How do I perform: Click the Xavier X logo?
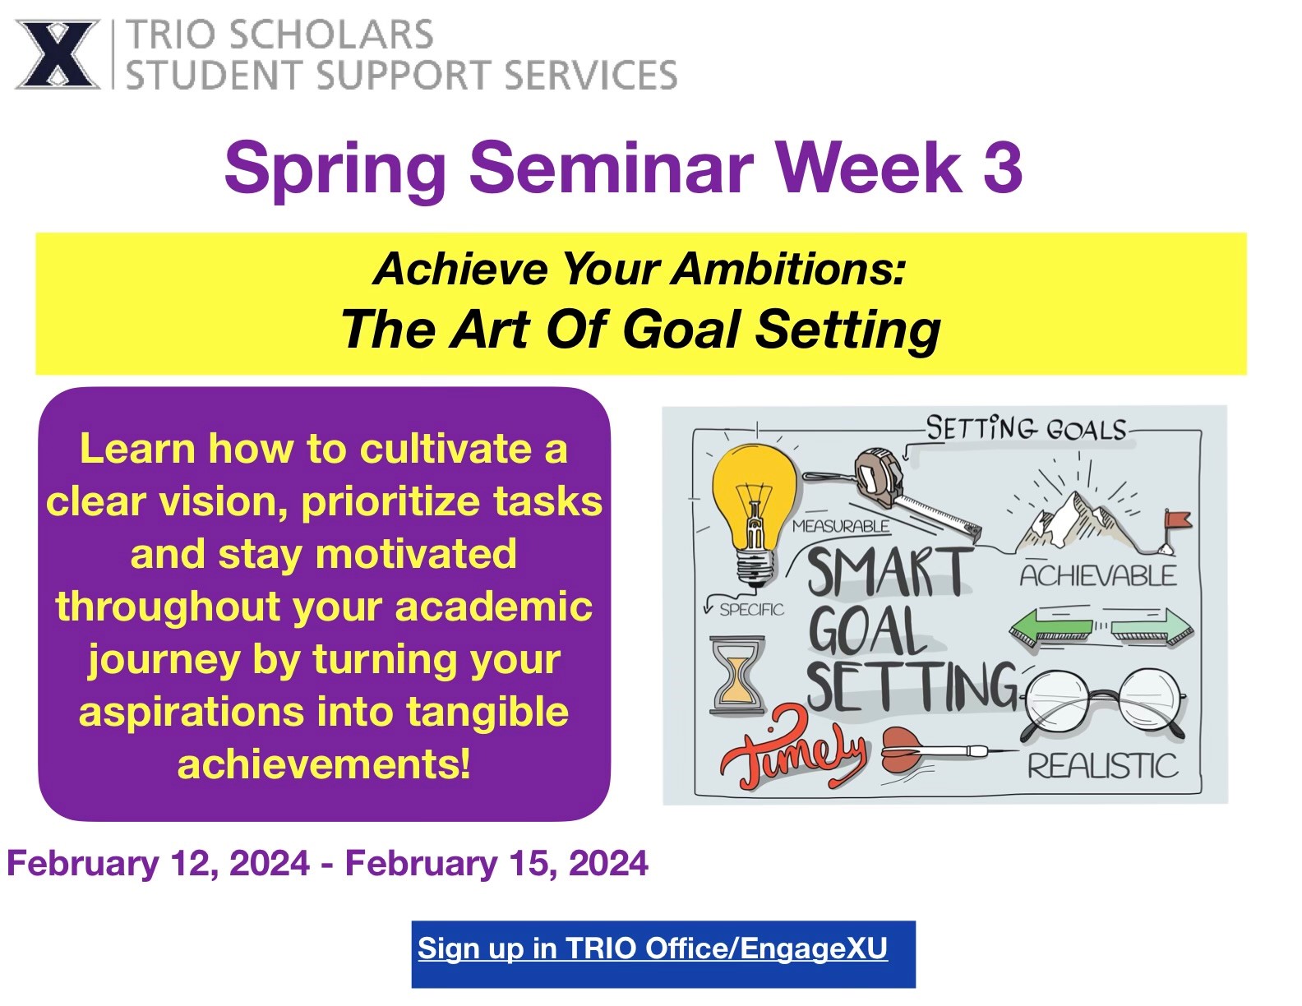57,55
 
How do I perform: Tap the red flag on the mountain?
1176,519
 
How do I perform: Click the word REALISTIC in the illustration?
1102,766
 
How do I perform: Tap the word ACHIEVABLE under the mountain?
1097,575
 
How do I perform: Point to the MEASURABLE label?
840,526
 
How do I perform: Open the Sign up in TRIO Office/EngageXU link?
653,948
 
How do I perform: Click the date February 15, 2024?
496,863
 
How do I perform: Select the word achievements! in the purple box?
324,764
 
